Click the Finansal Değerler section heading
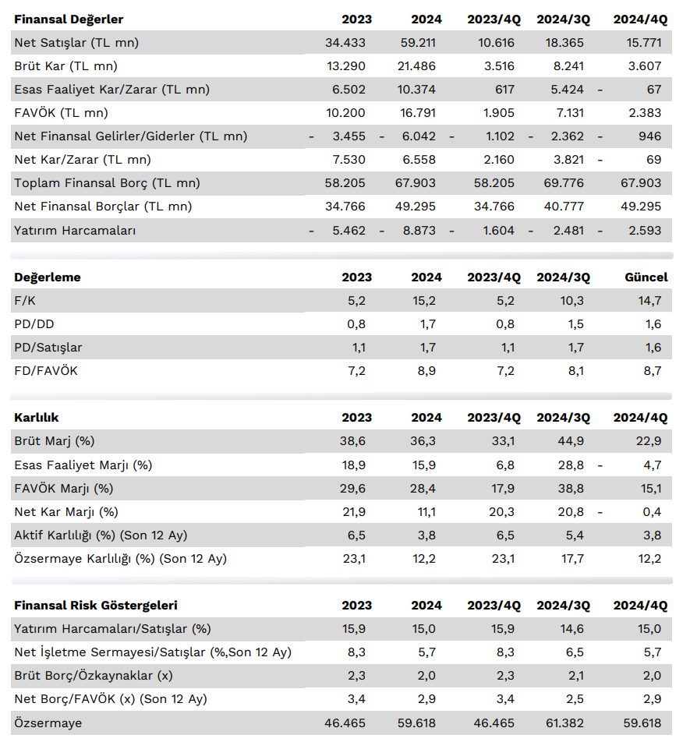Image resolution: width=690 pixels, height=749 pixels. pos(69,19)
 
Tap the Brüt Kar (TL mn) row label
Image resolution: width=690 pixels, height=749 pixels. pos(65,66)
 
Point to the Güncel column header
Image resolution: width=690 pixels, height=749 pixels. pos(646,277)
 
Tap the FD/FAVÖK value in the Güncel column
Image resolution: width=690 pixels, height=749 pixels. pos(653,371)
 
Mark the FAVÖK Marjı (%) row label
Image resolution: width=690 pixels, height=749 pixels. pos(63,489)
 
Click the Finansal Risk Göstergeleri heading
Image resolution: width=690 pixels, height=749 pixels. pos(95,606)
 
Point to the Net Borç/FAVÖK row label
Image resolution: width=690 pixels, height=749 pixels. pos(111,699)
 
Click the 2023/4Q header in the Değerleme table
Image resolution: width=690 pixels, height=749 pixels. pos(494,277)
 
